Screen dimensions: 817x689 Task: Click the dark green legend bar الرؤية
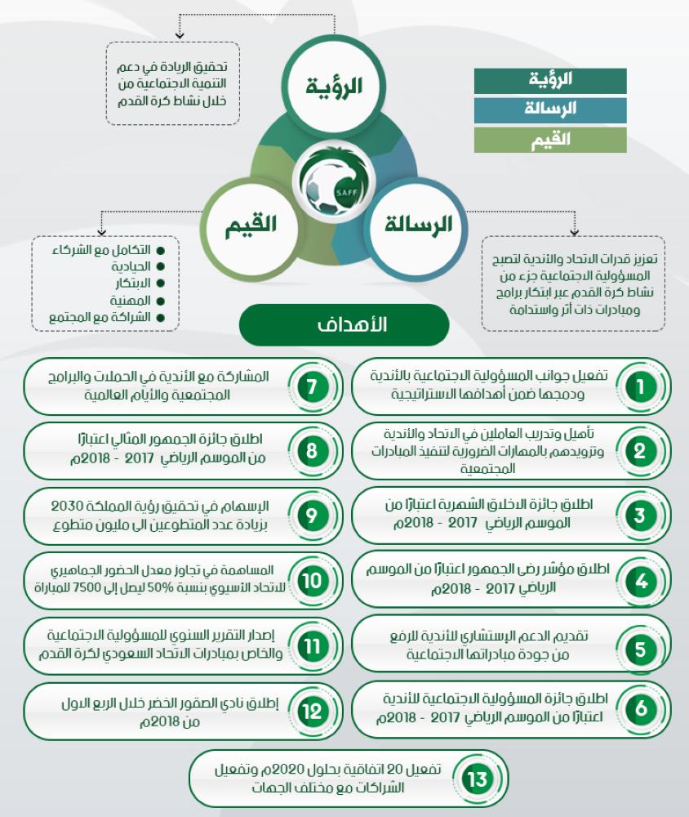[550, 80]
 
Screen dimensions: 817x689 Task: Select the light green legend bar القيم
[550, 139]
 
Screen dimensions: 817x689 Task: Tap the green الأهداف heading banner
[344, 324]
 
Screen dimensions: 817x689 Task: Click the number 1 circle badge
[641, 386]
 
